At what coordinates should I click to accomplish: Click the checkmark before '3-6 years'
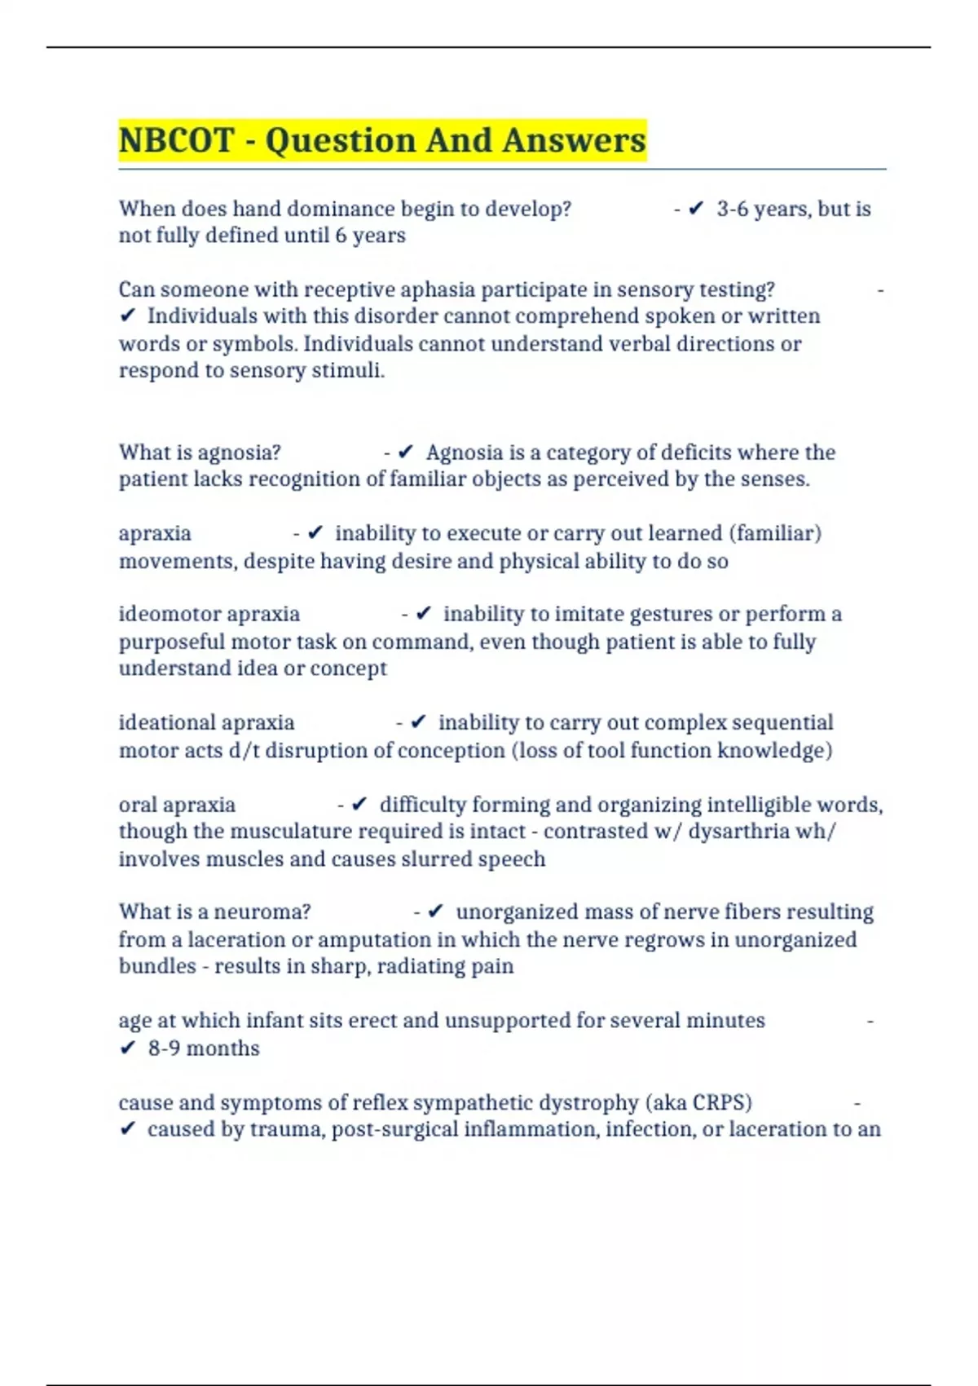point(696,210)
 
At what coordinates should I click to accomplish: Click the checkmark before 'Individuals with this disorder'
point(127,317)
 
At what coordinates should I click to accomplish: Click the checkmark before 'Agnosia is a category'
point(406,452)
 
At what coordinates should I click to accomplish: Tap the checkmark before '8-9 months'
point(127,1048)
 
